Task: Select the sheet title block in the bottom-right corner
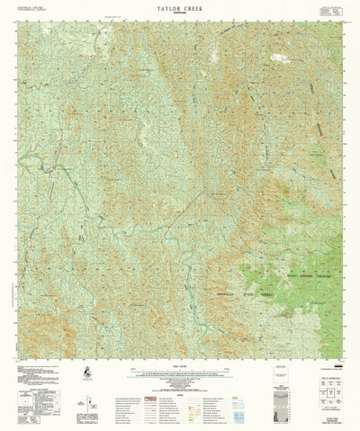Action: click(332, 418)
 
